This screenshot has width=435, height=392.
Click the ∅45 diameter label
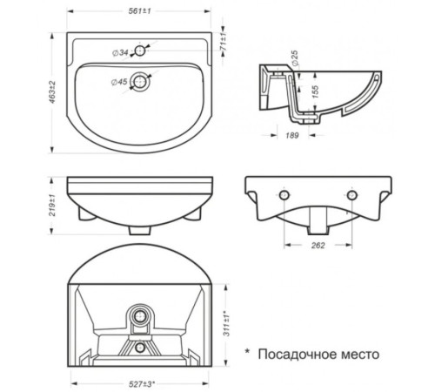pyautogui.click(x=119, y=83)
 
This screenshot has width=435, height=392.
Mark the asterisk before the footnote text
pyautogui.click(x=246, y=351)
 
